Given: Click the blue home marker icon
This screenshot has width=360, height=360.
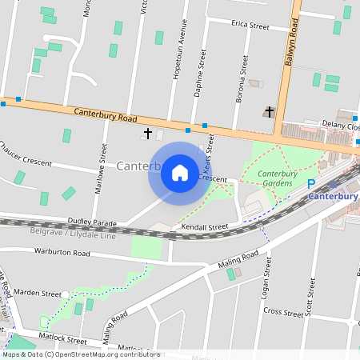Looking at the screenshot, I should tap(180, 173).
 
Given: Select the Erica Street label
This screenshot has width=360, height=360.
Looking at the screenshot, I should tap(250, 26).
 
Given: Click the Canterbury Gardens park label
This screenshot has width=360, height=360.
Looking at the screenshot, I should tap(278, 178).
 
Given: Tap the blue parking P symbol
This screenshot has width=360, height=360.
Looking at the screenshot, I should tap(312, 184).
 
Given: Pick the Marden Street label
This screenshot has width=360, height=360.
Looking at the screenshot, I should tap(37, 293).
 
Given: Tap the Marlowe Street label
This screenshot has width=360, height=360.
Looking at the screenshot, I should tap(102, 164).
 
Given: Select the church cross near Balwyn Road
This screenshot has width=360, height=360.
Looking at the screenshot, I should tap(270, 112).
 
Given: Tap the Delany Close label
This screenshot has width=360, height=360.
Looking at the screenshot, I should tap(340, 126).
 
